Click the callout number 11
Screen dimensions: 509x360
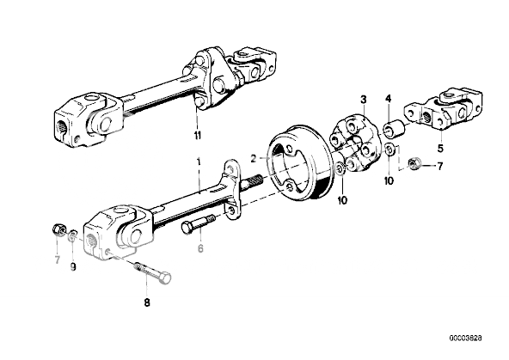pyautogui.click(x=197, y=135)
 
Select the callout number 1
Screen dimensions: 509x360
pyautogui.click(x=199, y=162)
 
